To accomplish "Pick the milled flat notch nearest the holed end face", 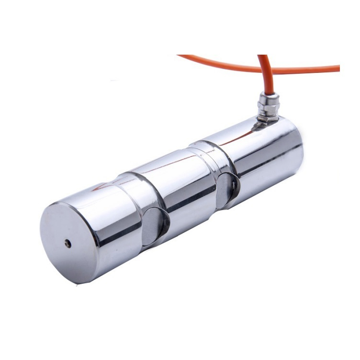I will click(155, 226).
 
